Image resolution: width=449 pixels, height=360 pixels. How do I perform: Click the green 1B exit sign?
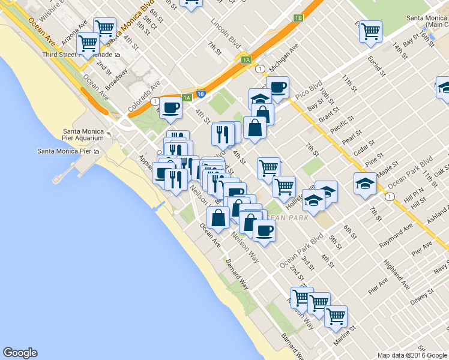coord(298,17)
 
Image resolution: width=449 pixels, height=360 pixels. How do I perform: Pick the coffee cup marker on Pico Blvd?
coord(277,87)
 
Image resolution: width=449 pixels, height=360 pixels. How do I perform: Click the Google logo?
coord(20,353)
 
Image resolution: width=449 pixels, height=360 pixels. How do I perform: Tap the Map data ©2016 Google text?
coord(412,355)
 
